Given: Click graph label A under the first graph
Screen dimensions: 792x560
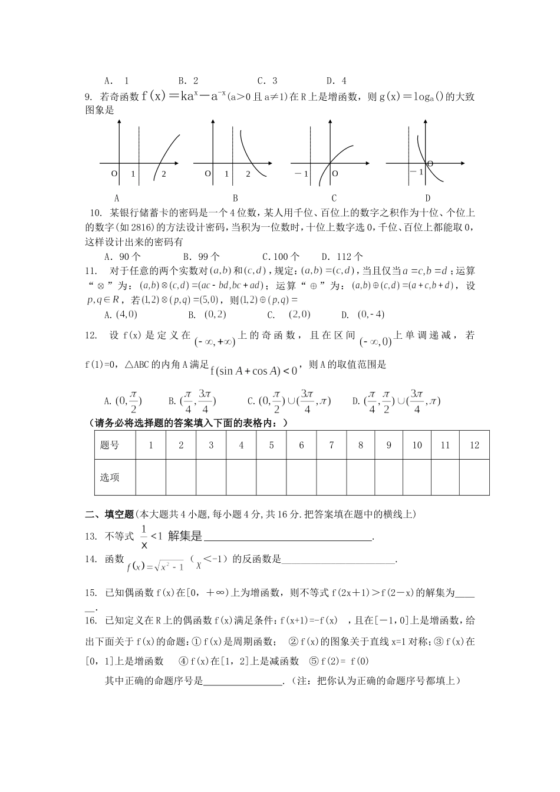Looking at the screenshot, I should [117, 198].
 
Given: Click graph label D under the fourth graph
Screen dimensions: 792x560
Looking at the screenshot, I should [427, 198].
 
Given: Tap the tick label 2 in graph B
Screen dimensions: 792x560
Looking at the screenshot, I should [248, 174].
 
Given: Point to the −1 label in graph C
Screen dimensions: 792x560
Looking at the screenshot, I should [302, 174].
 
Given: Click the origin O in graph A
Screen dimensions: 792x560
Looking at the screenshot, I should [114, 174].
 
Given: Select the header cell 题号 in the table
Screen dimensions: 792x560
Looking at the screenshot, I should [110, 445].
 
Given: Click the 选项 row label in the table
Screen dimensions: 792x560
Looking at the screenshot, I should [110, 477].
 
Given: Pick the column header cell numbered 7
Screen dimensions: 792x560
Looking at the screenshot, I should [331, 445].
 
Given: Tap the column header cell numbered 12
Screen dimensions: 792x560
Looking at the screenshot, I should [475, 445].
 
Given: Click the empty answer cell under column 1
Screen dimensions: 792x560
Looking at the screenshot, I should [151, 477].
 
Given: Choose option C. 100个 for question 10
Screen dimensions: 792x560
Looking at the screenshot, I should [280, 256].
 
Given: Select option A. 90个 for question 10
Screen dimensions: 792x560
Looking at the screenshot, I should [122, 256].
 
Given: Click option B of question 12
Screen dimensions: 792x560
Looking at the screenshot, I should [192, 401].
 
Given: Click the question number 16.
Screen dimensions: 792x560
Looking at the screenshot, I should [91, 620].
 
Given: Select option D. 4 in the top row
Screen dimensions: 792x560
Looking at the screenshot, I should [336, 81].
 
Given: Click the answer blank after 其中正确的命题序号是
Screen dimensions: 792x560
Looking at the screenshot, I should [243, 681].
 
